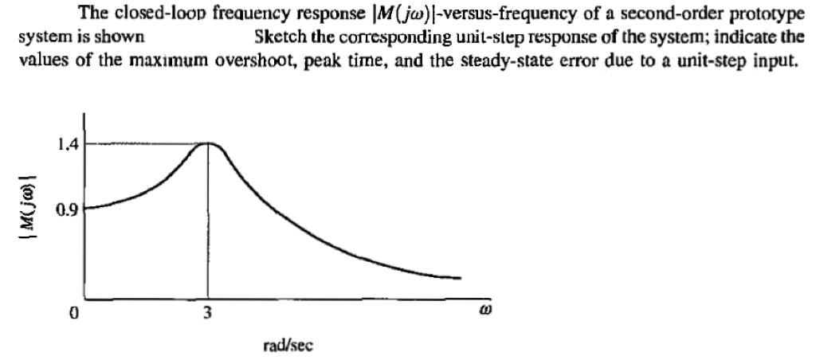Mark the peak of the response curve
(208, 143)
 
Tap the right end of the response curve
(461, 278)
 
